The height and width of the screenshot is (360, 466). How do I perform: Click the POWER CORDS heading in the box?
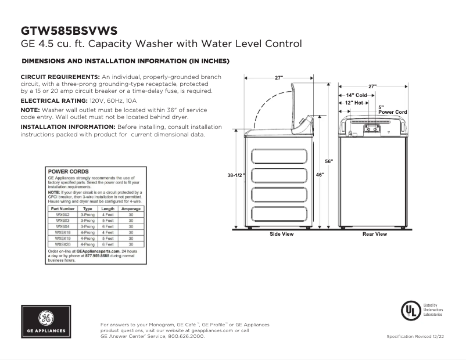(68, 172)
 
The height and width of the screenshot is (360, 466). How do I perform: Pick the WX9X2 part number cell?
(63, 215)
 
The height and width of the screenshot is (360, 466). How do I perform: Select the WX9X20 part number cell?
(63, 244)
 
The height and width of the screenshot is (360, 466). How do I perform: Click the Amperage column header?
(131, 208)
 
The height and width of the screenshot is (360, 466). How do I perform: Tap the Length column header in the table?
(107, 208)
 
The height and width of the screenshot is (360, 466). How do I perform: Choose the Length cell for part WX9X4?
(107, 226)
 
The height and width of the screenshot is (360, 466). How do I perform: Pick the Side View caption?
(281, 235)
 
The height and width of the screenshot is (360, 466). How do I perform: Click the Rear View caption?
(374, 235)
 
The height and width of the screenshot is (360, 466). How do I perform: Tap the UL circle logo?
(410, 310)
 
